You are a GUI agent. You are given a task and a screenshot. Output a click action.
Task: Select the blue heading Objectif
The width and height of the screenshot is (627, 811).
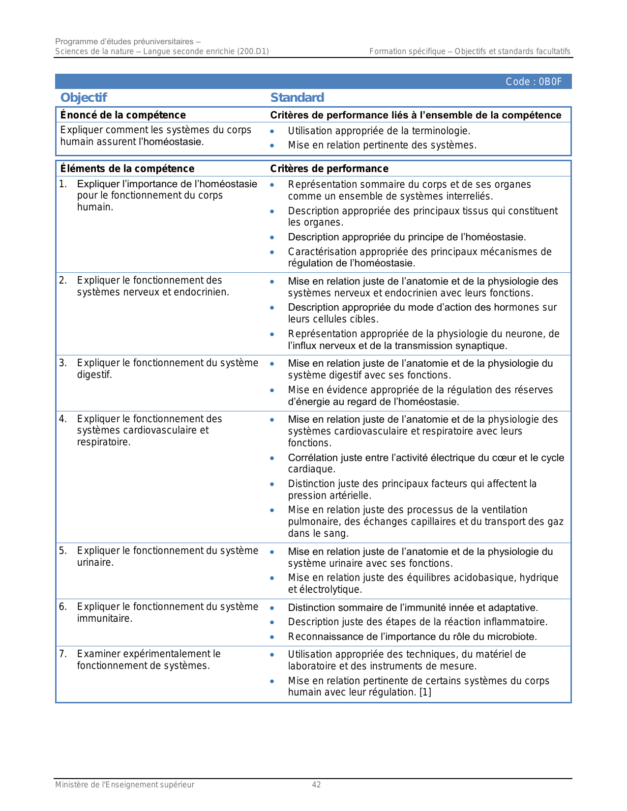84,98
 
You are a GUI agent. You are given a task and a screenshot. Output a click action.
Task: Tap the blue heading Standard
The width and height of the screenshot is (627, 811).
297,98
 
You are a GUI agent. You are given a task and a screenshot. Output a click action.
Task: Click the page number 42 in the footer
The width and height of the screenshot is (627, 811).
316,785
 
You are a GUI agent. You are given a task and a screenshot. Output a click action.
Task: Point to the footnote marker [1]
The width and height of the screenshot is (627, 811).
425,693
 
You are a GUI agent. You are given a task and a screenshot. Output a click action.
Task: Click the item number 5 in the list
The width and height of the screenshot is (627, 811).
62,551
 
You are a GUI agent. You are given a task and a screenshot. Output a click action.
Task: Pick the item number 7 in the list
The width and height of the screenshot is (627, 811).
62,654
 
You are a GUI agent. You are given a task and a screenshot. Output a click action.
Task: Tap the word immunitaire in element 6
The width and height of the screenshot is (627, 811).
104,619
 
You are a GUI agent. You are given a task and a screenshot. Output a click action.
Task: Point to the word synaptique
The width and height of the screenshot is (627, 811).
480,346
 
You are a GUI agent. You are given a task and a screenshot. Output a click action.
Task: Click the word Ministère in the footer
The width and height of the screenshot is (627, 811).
72,785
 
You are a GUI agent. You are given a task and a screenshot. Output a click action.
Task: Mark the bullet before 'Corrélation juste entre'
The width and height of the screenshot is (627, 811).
272,458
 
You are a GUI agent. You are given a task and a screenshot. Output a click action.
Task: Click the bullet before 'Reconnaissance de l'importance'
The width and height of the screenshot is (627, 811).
272,637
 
